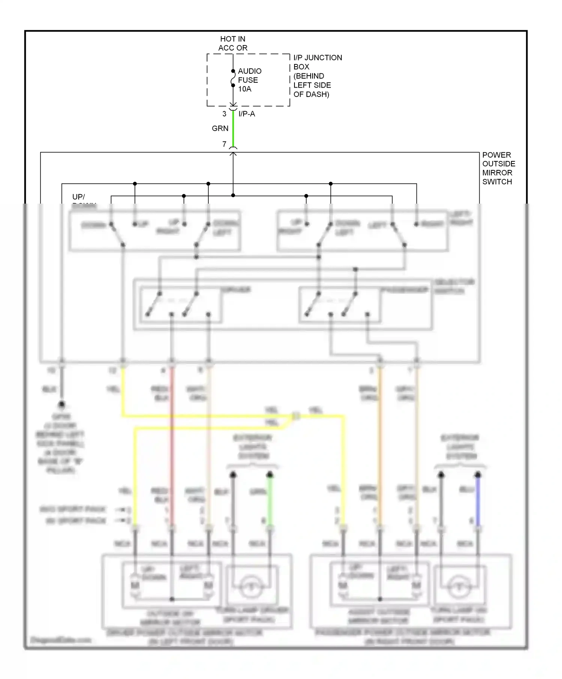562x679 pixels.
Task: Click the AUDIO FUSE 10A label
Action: pyautogui.click(x=249, y=80)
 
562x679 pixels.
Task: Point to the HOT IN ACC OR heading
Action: pyautogui.click(x=233, y=43)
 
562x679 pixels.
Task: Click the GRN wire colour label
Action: pyautogui.click(x=220, y=128)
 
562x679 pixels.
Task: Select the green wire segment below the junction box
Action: pyautogui.click(x=233, y=129)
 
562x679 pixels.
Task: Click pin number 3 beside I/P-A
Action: pyautogui.click(x=224, y=114)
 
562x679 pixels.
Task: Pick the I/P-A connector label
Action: pyautogui.click(x=247, y=114)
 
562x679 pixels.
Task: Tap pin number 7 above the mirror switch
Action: pyautogui.click(x=224, y=144)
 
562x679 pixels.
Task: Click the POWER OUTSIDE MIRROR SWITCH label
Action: pyautogui.click(x=498, y=168)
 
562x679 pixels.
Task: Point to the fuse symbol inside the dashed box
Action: pyautogui.click(x=233, y=78)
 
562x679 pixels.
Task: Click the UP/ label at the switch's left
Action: pyautogui.click(x=79, y=197)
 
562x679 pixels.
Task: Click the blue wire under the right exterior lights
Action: pyautogui.click(x=478, y=502)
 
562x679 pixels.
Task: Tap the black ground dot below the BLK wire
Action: pyautogui.click(x=62, y=405)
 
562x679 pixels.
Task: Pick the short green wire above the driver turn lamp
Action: pyautogui.click(x=270, y=502)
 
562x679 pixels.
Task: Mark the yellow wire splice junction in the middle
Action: pyautogui.click(x=296, y=416)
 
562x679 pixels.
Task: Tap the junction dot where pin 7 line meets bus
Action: pyautogui.click(x=233, y=195)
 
